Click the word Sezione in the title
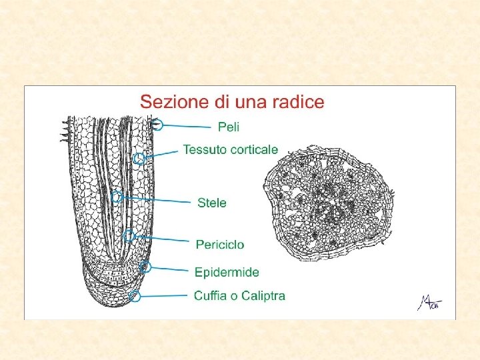pyautogui.click(x=169, y=102)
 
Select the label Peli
pyautogui.click(x=229, y=126)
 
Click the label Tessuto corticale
pyautogui.click(x=231, y=149)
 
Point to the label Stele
pyautogui.click(x=212, y=203)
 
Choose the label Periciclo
pyautogui.click(x=220, y=245)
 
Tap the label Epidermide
pyautogui.click(x=227, y=272)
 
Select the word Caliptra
pyautogui.click(x=263, y=295)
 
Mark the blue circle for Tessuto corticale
pyautogui.click(x=139, y=159)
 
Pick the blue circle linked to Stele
pyautogui.click(x=117, y=197)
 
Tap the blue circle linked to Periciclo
pyautogui.click(x=129, y=235)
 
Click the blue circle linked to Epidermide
pyautogui.click(x=146, y=267)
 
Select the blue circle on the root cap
pyautogui.click(x=135, y=297)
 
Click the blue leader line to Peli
pyautogui.click(x=187, y=125)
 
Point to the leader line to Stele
pyautogui.click(x=157, y=199)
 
